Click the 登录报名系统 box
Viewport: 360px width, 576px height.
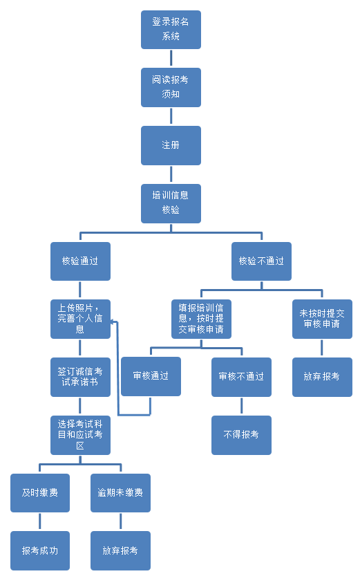(171, 29)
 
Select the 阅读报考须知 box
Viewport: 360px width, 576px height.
(171, 87)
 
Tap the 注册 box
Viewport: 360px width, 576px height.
(171, 145)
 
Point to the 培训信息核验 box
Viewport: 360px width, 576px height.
(171, 203)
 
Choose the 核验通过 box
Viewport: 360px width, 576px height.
(80, 261)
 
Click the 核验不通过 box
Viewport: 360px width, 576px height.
(261, 261)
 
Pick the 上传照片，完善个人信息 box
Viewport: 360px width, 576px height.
(80, 319)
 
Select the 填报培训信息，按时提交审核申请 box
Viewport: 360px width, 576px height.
(201, 319)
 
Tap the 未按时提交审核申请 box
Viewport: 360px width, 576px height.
(322, 319)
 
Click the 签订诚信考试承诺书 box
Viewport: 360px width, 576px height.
(80, 377)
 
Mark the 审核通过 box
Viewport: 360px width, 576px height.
(151, 376)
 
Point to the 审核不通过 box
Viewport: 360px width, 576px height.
(241, 377)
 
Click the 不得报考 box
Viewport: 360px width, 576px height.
(241, 435)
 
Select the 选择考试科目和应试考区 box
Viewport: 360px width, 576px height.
(80, 435)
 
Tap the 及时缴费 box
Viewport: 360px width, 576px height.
(40, 492)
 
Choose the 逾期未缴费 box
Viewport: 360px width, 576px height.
(120, 492)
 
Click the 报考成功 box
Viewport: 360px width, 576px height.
(40, 550)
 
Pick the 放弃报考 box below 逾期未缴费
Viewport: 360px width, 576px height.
(120, 550)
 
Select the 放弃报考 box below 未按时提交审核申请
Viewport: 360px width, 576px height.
(322, 377)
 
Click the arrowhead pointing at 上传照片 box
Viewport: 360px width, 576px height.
(113, 322)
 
